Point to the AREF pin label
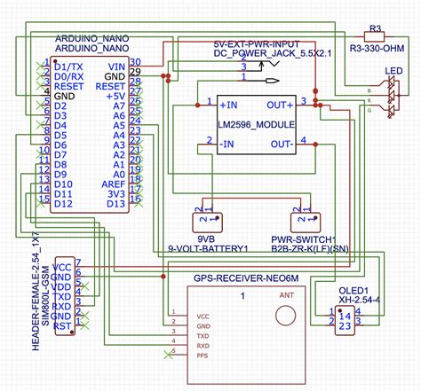click(x=110, y=184)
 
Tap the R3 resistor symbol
click(x=376, y=38)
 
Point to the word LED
click(x=392, y=70)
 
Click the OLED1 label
click(x=353, y=290)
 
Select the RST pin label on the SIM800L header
click(x=62, y=327)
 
